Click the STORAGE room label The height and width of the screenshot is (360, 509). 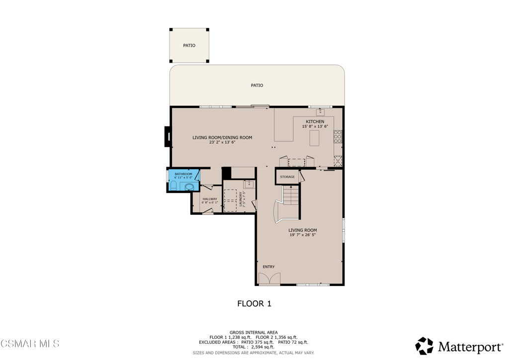click(x=287, y=177)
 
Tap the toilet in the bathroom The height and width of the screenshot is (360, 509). click(x=173, y=186)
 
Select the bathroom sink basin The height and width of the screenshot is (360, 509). click(x=189, y=187)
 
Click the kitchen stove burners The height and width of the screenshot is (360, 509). click(x=338, y=136)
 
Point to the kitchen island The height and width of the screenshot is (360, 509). click(x=314, y=138)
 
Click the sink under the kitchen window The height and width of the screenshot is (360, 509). click(x=321, y=112)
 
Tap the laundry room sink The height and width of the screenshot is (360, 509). click(x=249, y=184)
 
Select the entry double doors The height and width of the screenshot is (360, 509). click(x=269, y=278)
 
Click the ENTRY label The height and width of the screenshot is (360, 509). click(x=268, y=267)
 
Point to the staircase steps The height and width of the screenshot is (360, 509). click(x=290, y=195)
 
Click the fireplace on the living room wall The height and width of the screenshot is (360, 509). click(x=168, y=136)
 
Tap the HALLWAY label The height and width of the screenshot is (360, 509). click(x=210, y=199)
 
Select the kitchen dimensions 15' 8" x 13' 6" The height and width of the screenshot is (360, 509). click(x=315, y=127)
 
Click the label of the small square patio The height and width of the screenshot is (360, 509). click(x=189, y=45)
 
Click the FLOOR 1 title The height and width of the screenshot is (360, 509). click(x=254, y=303)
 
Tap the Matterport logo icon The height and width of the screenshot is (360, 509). click(x=424, y=346)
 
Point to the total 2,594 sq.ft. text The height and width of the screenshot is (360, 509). click(x=253, y=347)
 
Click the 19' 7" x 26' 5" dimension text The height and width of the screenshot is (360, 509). click(x=303, y=235)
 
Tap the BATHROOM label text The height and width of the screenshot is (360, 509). click(x=183, y=175)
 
